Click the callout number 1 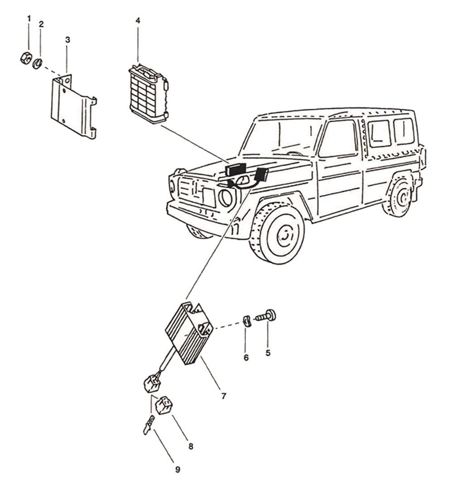tap(29, 18)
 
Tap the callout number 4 tap(138, 21)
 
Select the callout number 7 tap(224, 396)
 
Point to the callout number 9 tap(178, 470)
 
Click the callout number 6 tap(246, 357)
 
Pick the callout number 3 tap(67, 40)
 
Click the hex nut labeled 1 tap(26, 58)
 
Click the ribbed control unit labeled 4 tap(148, 94)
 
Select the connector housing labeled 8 tap(163, 404)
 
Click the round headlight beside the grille tap(226, 197)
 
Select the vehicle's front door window tap(338, 139)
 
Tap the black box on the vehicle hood tap(236, 169)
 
